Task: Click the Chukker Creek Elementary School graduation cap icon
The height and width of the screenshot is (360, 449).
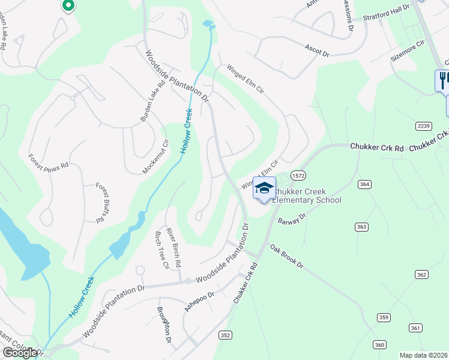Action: (x=264, y=188)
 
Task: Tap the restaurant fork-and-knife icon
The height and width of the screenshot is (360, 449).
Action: (x=443, y=79)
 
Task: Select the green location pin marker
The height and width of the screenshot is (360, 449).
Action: (x=68, y=5)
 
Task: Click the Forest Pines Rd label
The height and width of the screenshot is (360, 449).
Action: (x=49, y=164)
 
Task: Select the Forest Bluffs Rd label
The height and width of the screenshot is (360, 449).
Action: (x=100, y=203)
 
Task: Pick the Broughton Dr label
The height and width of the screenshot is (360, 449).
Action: (x=164, y=325)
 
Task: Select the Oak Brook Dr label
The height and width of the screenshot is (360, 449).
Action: (x=287, y=256)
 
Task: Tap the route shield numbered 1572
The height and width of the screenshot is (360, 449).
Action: (x=298, y=175)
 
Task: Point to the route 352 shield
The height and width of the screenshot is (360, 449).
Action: (x=225, y=335)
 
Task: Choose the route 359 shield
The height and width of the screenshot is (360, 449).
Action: (x=384, y=317)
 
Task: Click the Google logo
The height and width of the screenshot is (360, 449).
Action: (x=20, y=353)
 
